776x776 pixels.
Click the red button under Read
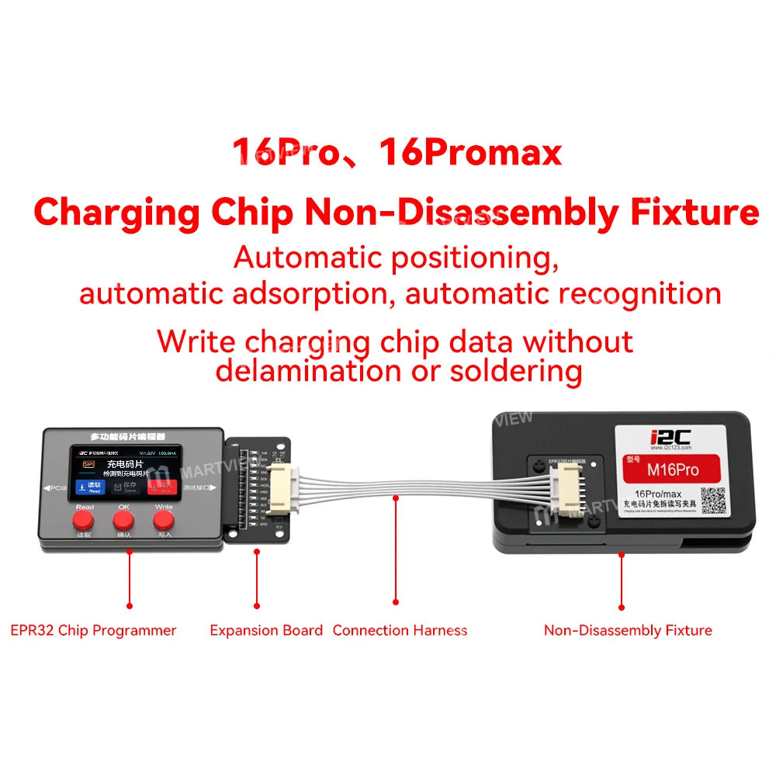point(85,519)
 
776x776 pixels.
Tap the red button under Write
point(164,519)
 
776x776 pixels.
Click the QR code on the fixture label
point(713,500)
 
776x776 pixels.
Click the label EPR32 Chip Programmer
point(93,630)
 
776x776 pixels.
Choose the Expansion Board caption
point(266,630)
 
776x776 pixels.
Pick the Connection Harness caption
point(400,630)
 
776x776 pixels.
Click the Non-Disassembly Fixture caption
point(628,630)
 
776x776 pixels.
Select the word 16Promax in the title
point(470,151)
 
